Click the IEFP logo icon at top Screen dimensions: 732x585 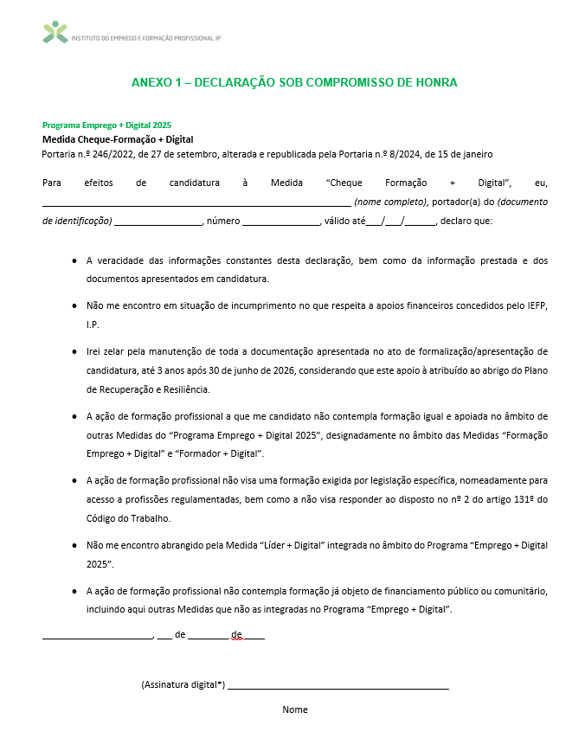point(55,33)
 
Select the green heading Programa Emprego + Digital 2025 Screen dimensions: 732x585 point(106,125)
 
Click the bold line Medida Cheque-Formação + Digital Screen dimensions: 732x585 point(118,139)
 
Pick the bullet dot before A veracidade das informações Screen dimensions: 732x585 point(73,260)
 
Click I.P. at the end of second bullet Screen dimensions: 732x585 point(93,324)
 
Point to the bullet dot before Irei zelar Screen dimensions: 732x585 point(73,352)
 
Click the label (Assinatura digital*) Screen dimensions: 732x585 point(183,684)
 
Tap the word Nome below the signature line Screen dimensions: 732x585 point(294,710)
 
